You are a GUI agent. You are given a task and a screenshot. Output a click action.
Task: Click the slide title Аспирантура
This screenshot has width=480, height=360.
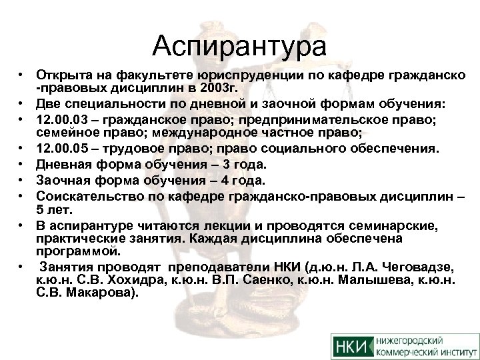[239, 47]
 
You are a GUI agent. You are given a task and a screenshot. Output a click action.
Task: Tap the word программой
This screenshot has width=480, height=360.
[79, 252]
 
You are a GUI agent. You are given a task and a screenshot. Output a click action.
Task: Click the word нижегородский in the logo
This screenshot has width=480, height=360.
[414, 340]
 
